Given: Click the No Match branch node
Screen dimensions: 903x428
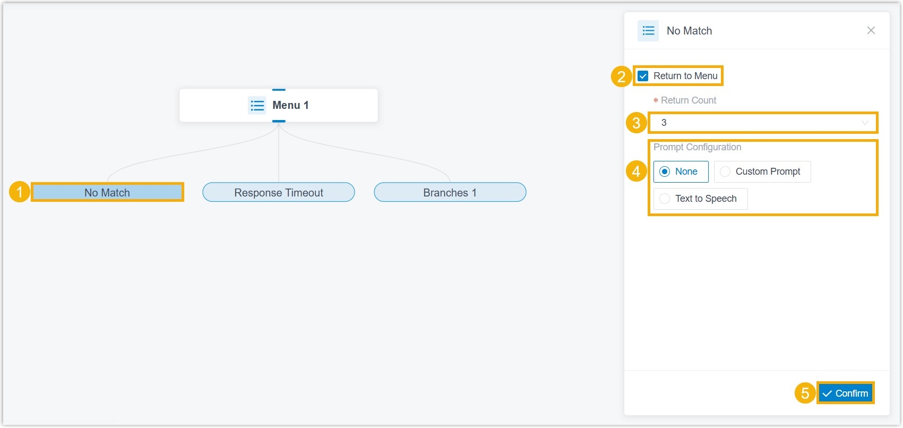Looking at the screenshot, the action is (x=107, y=192).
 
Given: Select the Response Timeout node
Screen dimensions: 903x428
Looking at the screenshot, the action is (x=279, y=192).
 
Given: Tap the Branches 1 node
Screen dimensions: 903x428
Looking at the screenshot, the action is (x=450, y=192).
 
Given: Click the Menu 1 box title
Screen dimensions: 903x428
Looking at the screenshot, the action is (x=290, y=105).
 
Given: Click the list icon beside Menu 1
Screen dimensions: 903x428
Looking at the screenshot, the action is (x=257, y=106).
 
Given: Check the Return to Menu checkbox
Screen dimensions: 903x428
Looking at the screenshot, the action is (x=643, y=76).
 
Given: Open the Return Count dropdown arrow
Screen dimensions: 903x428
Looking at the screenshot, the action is (x=865, y=123).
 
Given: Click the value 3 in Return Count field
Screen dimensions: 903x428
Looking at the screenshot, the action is (x=664, y=123).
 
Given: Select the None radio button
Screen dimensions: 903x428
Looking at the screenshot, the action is (x=665, y=172).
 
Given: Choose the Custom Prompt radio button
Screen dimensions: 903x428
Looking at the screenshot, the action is (x=725, y=172).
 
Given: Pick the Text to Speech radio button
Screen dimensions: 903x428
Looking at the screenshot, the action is (x=665, y=199).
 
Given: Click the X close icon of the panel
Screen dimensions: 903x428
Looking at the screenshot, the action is (x=871, y=31).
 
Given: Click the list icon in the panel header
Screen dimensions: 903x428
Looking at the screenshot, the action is (x=648, y=31).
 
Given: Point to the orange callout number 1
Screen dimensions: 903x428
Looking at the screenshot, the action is (x=19, y=192).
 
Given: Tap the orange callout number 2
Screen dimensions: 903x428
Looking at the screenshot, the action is (x=621, y=76).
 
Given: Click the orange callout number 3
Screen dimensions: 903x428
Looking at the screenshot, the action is (x=636, y=123).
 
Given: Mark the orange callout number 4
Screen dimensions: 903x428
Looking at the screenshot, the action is (x=636, y=172).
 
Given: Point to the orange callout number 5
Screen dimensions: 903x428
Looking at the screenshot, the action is (x=805, y=393).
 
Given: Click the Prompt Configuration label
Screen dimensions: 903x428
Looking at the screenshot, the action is (x=698, y=147).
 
